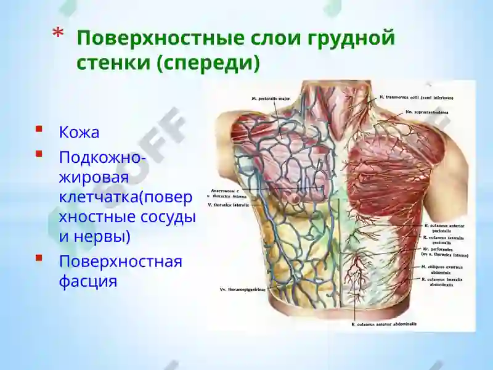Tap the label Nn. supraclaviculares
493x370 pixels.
[426, 112]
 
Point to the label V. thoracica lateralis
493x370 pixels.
[227, 204]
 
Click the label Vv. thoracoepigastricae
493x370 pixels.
[241, 289]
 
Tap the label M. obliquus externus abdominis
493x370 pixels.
[442, 269]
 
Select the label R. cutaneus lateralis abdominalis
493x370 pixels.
[442, 281]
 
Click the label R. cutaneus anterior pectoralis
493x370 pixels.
[442, 228]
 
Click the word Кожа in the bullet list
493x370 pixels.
[79, 133]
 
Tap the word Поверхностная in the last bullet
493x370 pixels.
[120, 261]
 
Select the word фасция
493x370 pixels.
[88, 282]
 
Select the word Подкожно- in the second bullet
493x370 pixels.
[102, 158]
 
